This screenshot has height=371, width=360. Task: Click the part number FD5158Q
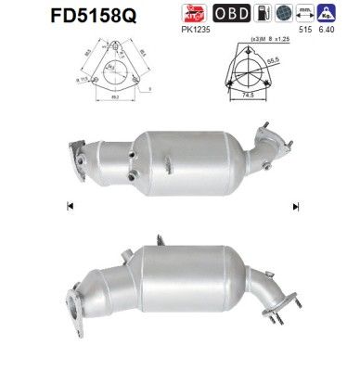pos(57,16)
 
